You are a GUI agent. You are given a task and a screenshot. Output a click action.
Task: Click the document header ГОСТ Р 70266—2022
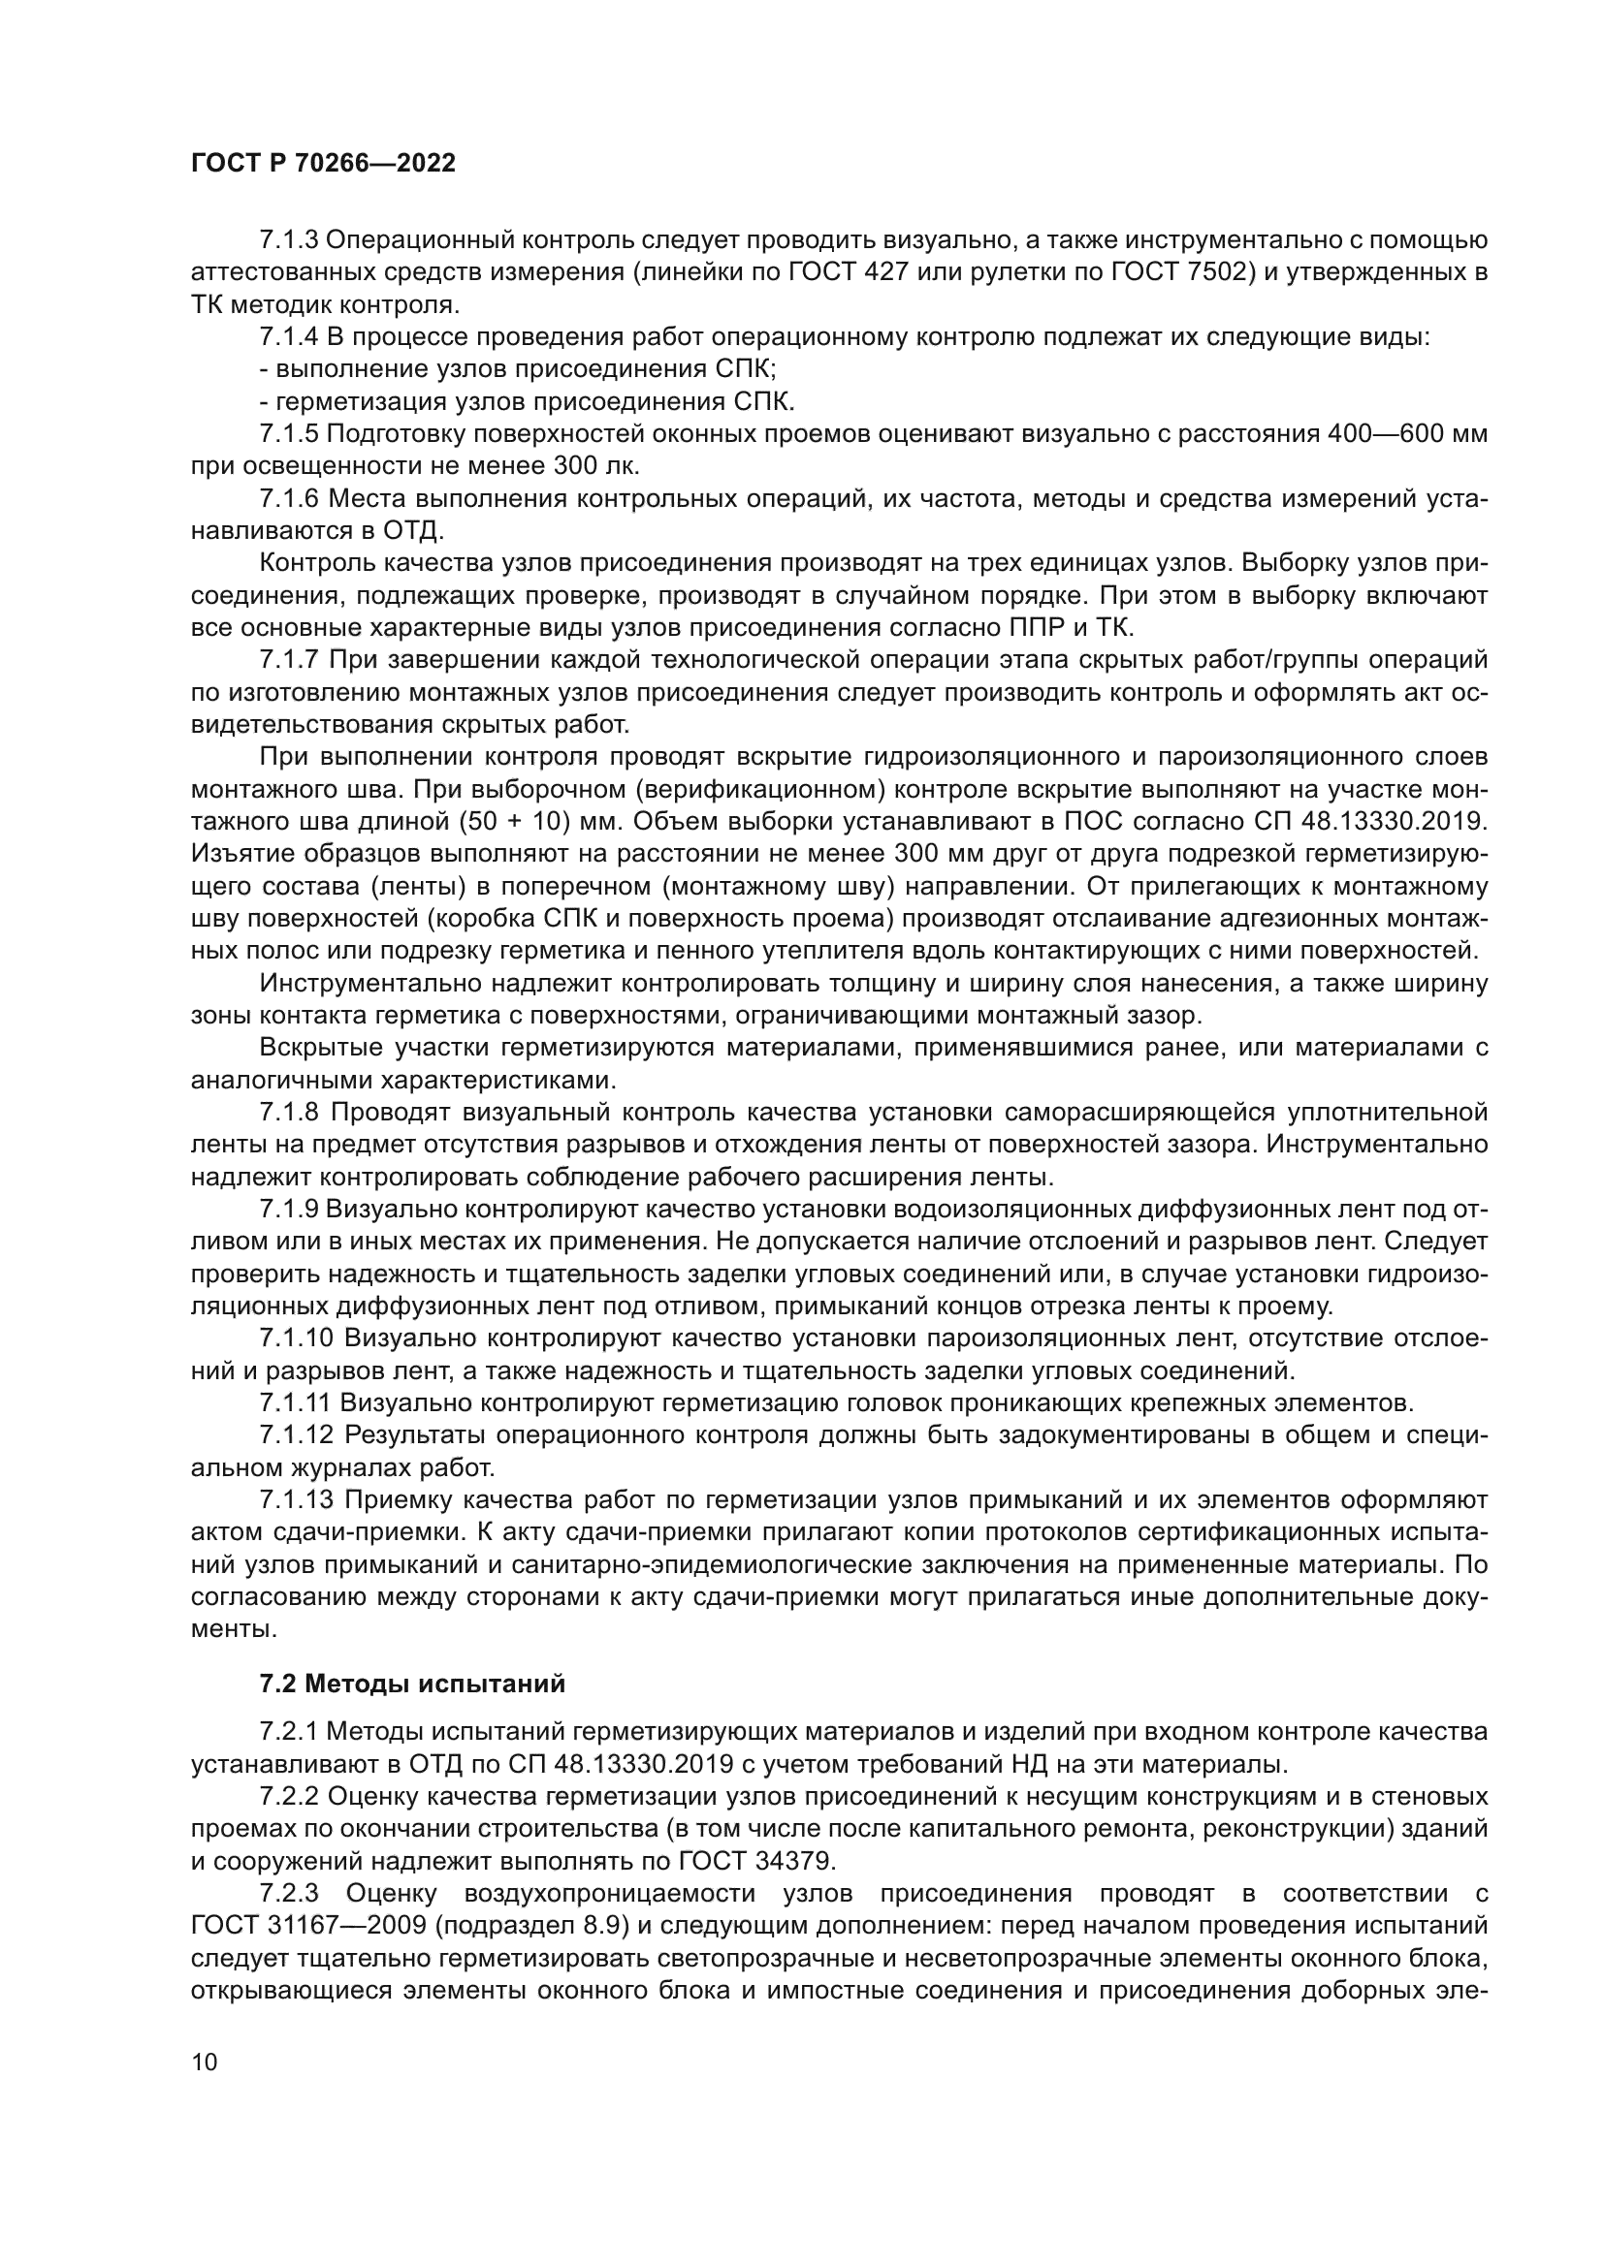point(323,164)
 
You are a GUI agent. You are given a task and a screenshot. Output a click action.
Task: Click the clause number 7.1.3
point(288,240)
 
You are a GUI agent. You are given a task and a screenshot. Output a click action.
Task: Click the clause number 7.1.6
point(288,498)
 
